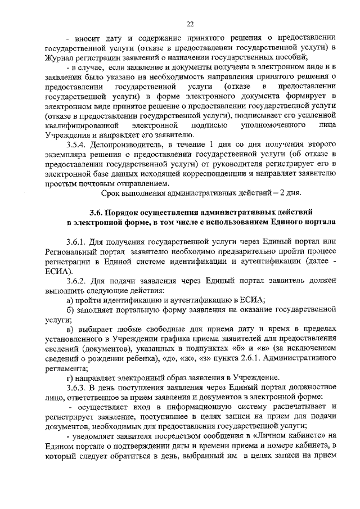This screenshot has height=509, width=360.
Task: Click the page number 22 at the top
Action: click(191, 23)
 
